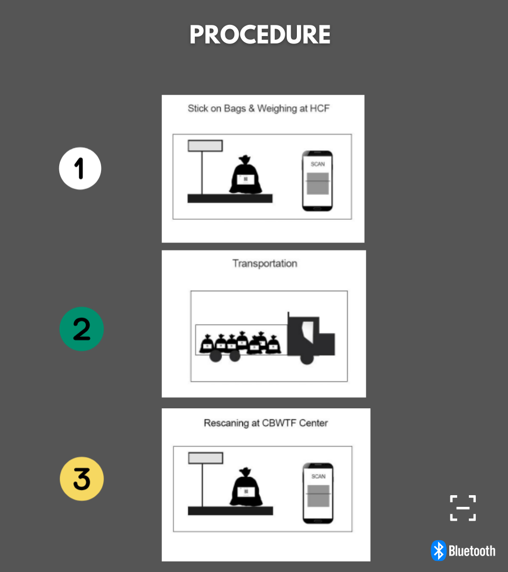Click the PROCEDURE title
pyautogui.click(x=260, y=34)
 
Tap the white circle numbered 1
pyautogui.click(x=80, y=168)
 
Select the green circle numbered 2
pyautogui.click(x=81, y=329)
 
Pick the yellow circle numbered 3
pyautogui.click(x=81, y=479)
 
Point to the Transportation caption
pyautogui.click(x=265, y=263)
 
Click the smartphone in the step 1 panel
pyautogui.click(x=317, y=181)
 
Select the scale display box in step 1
pyautogui.click(x=205, y=146)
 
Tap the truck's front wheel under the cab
pyautogui.click(x=307, y=358)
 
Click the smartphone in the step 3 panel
pyautogui.click(x=318, y=493)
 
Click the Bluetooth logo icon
pyautogui.click(x=439, y=550)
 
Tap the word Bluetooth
pyautogui.click(x=472, y=551)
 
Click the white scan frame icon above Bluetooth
pyautogui.click(x=463, y=508)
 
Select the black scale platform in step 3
pyautogui.click(x=230, y=511)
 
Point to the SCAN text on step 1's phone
pyautogui.click(x=318, y=164)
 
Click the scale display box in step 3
pyautogui.click(x=205, y=458)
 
